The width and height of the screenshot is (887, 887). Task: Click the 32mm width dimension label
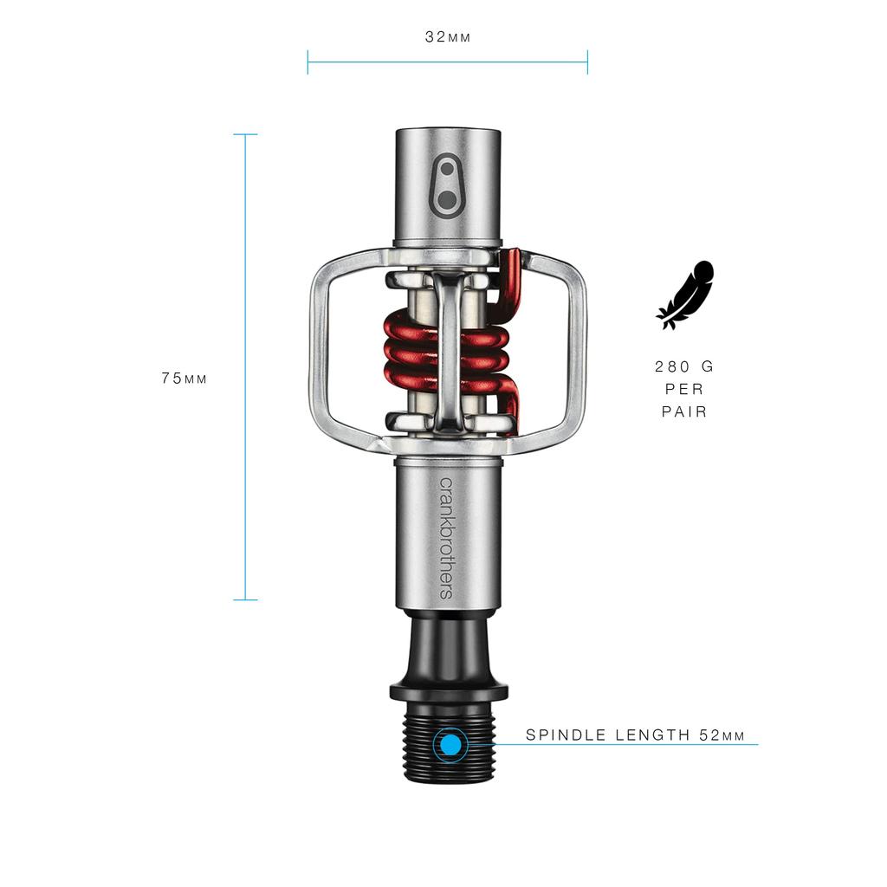[x=448, y=37]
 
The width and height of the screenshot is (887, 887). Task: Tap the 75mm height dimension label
[x=185, y=379]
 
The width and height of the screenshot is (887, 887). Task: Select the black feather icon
[x=686, y=295]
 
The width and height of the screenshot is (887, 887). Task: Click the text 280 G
[x=685, y=366]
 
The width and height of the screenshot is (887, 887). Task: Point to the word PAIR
[x=685, y=412]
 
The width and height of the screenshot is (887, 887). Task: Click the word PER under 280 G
[x=685, y=390]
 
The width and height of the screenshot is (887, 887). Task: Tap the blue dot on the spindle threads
[x=450, y=745]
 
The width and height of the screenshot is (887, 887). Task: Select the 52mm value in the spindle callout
[x=722, y=735]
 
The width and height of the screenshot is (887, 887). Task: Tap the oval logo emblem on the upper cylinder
[x=447, y=184]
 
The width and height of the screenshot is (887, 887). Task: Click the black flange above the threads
[x=448, y=690]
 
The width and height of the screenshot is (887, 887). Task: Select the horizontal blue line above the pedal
[x=448, y=62]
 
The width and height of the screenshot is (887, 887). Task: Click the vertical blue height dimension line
[x=246, y=366]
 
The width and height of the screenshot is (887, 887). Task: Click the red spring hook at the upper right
[x=511, y=277]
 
